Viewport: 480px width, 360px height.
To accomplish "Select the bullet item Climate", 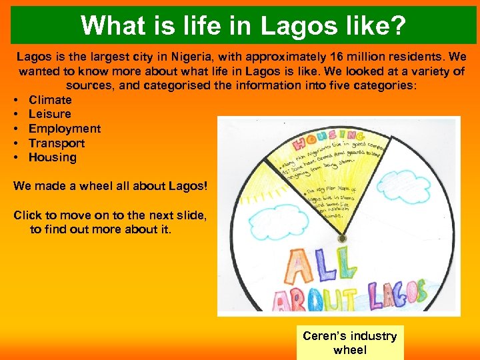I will (50, 100).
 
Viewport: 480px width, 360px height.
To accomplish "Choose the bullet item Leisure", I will (49, 114).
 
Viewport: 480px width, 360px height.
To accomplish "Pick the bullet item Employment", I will (65, 129).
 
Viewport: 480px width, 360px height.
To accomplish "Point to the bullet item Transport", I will (57, 143).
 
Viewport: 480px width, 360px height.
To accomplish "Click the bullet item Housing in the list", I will (53, 158).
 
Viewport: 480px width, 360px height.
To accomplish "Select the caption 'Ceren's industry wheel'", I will (349, 343).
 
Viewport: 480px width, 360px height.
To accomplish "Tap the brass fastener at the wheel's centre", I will (342, 238).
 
